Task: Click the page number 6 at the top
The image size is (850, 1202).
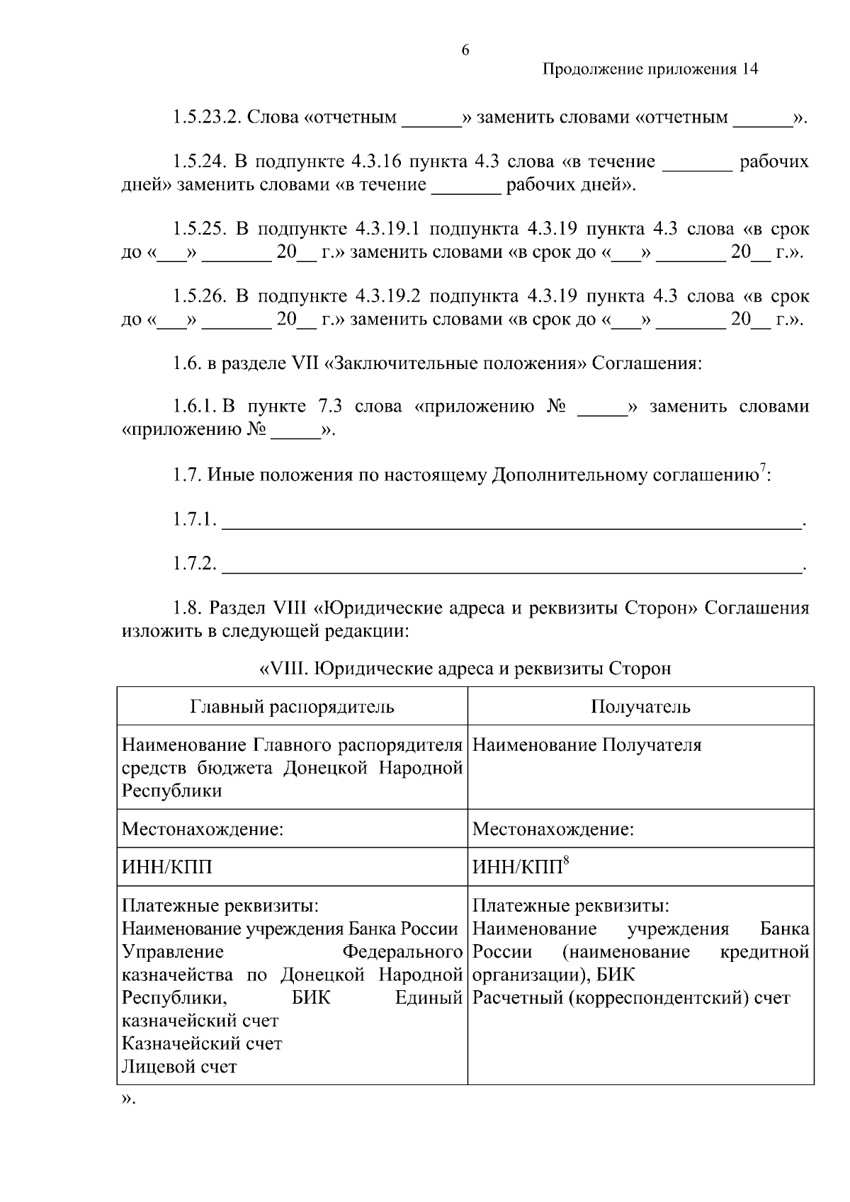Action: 465,50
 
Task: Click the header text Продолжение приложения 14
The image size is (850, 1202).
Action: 650,69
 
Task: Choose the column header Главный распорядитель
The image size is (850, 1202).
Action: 292,706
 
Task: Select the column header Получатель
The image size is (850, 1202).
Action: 640,706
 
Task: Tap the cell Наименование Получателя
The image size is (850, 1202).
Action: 586,745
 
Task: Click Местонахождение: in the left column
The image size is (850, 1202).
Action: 203,829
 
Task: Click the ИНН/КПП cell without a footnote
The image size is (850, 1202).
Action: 166,867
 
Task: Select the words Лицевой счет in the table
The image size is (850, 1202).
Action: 179,1067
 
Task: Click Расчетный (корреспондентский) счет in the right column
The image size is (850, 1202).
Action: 630,998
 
